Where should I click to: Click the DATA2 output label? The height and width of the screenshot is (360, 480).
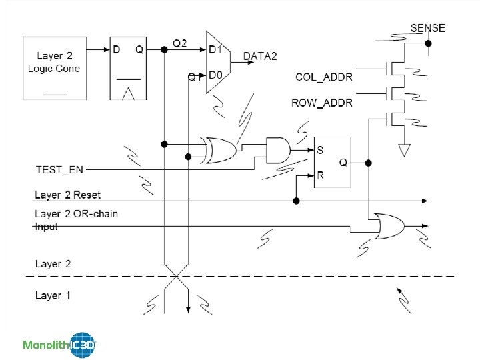pos(261,57)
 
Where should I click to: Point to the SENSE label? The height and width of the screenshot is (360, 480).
pos(427,28)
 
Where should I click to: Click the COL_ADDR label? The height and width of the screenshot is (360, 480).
pos(324,77)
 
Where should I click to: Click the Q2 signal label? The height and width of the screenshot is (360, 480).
pos(180,43)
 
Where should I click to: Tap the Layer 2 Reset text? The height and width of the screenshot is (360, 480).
pos(67,195)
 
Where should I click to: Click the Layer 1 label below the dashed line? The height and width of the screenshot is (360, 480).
pos(53,295)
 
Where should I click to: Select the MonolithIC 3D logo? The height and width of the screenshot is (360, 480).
pos(60,345)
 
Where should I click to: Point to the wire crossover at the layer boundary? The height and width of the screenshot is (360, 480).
pos(176,276)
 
